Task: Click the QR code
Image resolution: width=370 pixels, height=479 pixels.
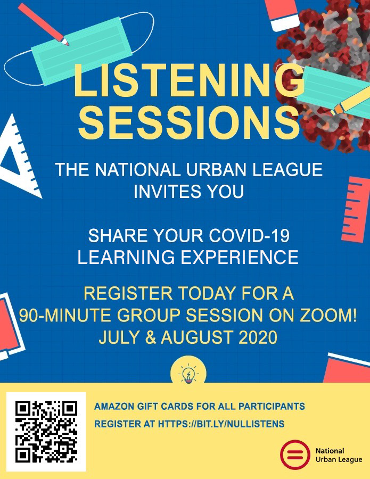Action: coord(46,431)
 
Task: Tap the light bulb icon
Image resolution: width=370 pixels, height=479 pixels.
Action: coord(188,374)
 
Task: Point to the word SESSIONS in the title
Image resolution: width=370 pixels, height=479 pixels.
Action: coord(188,122)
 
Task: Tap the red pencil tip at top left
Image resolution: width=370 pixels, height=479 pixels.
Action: coord(65,41)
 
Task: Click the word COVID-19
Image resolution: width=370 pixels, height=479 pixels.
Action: coord(249,236)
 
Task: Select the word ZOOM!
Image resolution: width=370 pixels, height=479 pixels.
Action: coord(328,315)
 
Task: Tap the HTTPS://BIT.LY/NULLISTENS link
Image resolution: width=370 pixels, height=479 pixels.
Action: coord(221,424)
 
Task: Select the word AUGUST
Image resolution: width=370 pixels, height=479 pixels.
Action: coord(197,337)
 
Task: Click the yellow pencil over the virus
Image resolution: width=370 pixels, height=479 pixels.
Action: coord(351,101)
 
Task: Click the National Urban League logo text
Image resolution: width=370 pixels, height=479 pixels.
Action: coord(339,455)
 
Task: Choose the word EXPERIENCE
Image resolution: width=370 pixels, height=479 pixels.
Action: coord(240,257)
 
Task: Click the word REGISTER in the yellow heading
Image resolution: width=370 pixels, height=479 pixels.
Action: coord(128,293)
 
